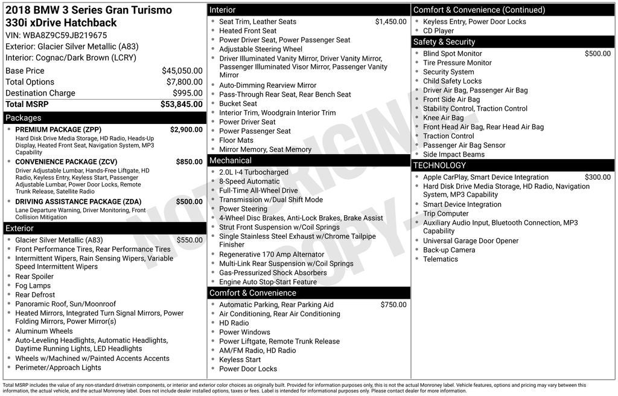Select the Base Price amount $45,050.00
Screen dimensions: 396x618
pyautogui.click(x=182, y=71)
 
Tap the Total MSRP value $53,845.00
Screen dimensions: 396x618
pyautogui.click(x=181, y=104)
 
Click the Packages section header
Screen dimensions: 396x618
pyautogui.click(x=24, y=118)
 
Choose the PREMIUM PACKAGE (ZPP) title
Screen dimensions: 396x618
pyautogui.click(x=58, y=130)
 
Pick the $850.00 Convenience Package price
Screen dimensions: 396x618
pyautogui.click(x=189, y=162)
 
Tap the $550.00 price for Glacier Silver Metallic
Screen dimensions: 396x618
pyautogui.click(x=189, y=240)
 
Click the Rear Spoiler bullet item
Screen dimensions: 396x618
pyautogui.click(x=35, y=276)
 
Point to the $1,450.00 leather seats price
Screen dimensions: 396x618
pyautogui.click(x=390, y=22)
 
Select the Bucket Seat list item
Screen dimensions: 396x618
pyautogui.click(x=238, y=103)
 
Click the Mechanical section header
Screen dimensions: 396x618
pyautogui.click(x=230, y=161)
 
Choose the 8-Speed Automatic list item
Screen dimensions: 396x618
pyautogui.click(x=249, y=181)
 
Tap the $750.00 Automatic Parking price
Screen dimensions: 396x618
pyautogui.click(x=393, y=305)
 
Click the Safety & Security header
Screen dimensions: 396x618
pyautogui.click(x=444, y=42)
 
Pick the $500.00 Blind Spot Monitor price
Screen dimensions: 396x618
pyautogui.click(x=597, y=54)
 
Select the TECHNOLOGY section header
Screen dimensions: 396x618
pyautogui.click(x=439, y=166)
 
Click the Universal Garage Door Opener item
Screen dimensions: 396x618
pyautogui.click(x=471, y=241)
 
